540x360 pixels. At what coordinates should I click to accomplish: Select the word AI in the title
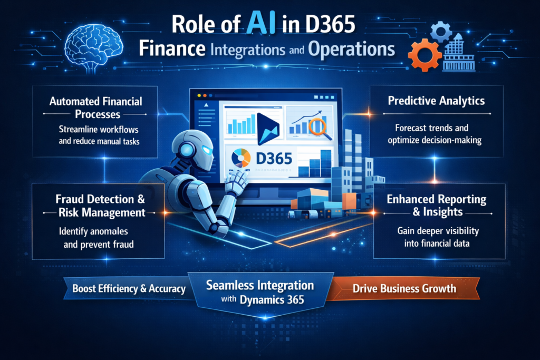254,25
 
